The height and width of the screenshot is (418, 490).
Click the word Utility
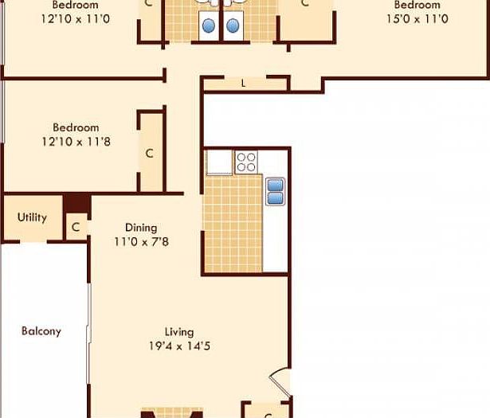(32, 217)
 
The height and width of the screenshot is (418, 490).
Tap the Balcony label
(41, 331)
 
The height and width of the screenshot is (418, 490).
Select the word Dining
(140, 228)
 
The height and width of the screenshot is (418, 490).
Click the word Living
(179, 332)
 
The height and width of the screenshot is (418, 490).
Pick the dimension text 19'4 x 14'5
(179, 346)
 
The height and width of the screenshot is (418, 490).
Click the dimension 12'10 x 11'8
(76, 142)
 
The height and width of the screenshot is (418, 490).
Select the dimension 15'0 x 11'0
(416, 18)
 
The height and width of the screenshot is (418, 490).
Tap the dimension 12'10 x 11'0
(76, 18)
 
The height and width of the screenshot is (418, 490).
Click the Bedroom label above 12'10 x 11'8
(76, 127)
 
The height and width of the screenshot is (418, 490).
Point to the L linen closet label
(243, 84)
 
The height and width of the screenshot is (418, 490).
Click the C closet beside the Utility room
(76, 227)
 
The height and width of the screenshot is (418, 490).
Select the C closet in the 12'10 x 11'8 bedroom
(149, 153)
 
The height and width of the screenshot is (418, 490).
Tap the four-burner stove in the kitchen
(246, 162)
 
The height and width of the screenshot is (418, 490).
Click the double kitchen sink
(275, 191)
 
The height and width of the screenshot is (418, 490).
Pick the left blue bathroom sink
(209, 25)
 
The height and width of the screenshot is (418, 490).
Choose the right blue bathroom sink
(233, 25)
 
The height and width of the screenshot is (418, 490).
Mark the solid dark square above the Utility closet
(76, 203)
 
